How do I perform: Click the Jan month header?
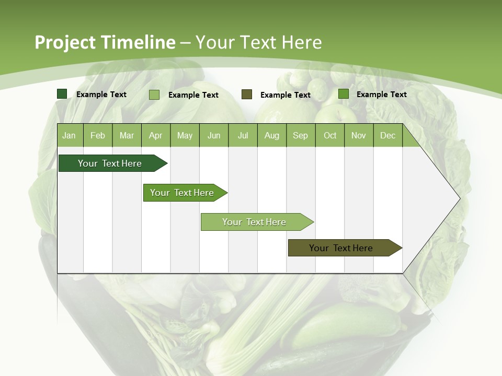[x=70, y=136]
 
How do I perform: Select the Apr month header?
[x=155, y=136]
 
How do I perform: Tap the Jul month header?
[x=243, y=136]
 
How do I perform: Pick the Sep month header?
[x=300, y=136]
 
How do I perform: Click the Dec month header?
[x=387, y=136]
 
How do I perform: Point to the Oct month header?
[x=330, y=136]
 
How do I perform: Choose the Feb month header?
[x=98, y=136]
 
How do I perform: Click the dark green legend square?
[x=62, y=94]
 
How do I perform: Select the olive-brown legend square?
[x=247, y=95]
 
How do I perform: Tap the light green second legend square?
[x=154, y=95]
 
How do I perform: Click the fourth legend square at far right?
[x=344, y=94]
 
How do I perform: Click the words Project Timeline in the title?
[x=105, y=42]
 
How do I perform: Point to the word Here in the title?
[x=301, y=42]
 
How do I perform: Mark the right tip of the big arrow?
[x=459, y=198]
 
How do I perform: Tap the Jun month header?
[x=214, y=136]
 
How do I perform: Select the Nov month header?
[x=359, y=136]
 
